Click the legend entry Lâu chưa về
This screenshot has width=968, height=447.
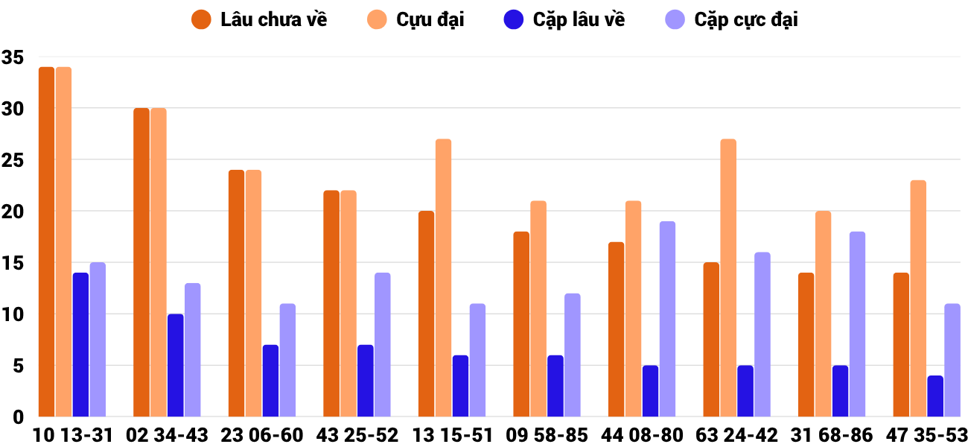(x=261, y=20)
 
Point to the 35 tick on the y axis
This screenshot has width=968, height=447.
(x=13, y=57)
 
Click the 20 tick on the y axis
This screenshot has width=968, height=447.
(x=13, y=212)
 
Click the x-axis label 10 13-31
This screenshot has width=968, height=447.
(x=72, y=435)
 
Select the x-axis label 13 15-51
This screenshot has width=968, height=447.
(x=452, y=435)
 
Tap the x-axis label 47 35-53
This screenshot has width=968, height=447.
(x=926, y=435)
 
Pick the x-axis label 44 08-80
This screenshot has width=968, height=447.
(x=642, y=435)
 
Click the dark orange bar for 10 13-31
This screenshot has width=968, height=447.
(x=46, y=242)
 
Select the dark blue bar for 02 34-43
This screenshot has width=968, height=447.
(x=175, y=365)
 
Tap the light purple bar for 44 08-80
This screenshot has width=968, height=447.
(x=667, y=319)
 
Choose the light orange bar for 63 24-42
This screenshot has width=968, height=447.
(x=728, y=278)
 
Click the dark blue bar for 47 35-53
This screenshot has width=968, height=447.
(x=935, y=396)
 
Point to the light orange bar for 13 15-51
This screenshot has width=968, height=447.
(x=443, y=278)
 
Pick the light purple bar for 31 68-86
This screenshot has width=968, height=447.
(x=857, y=324)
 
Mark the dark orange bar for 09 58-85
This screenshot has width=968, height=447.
(x=521, y=324)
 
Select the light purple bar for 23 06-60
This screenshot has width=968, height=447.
(x=287, y=360)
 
